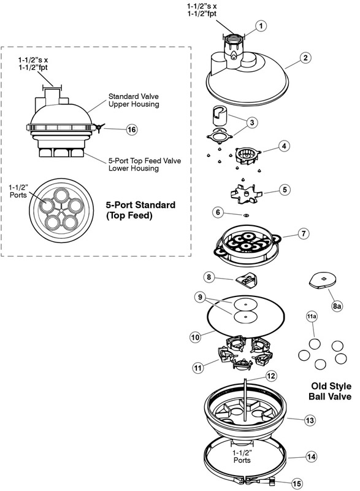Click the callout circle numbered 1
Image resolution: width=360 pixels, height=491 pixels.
(261, 26)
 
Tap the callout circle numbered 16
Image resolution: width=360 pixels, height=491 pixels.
(132, 130)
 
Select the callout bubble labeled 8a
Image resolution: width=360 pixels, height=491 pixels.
(337, 306)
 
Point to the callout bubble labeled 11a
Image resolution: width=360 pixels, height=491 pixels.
(312, 317)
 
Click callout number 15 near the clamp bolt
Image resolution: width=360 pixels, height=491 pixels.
(296, 484)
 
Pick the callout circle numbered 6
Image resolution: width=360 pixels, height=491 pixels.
(218, 212)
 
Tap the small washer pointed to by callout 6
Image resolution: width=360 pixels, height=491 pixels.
(246, 215)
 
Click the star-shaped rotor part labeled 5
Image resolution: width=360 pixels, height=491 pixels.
(246, 193)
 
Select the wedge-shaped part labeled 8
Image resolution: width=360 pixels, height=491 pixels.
(246, 280)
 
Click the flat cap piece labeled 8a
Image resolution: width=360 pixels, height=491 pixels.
(323, 279)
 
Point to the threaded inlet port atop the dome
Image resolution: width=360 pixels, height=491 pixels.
(234, 39)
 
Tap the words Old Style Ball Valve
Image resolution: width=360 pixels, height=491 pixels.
(331, 391)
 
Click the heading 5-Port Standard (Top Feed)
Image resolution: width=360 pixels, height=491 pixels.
(140, 210)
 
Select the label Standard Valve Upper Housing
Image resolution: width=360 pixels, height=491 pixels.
(134, 100)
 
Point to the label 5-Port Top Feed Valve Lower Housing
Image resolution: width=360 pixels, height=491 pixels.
(145, 164)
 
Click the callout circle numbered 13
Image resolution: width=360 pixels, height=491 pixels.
(310, 420)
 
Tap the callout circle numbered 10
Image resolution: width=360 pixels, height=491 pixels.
(195, 337)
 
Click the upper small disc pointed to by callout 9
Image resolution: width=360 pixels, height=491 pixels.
(245, 304)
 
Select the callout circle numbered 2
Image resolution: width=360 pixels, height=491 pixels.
(305, 58)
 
